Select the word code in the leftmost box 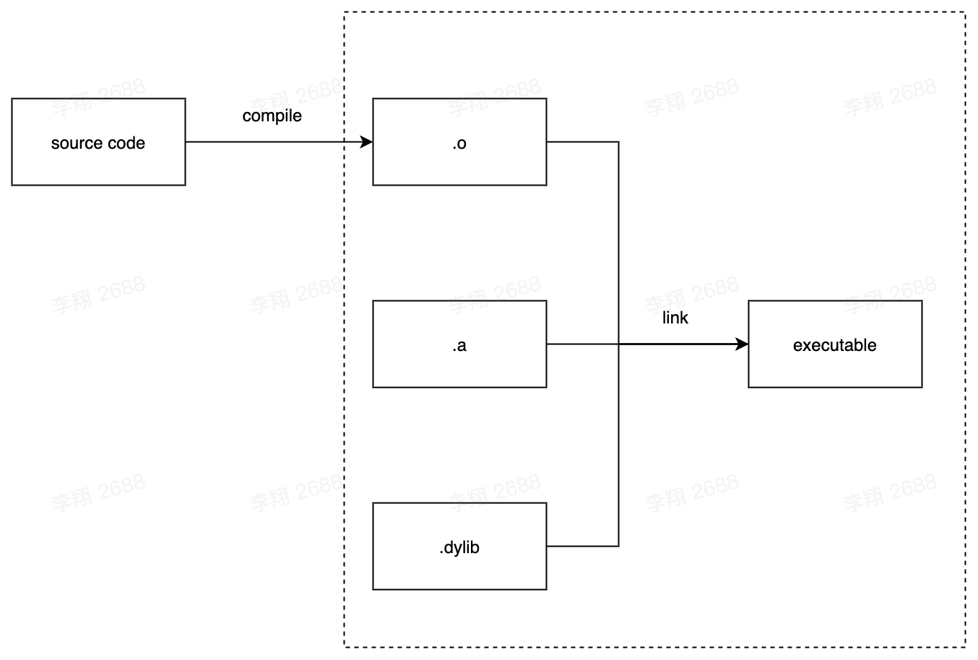tap(126, 143)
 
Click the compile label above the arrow tap(272, 116)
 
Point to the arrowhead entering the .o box tap(366, 142)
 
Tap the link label tap(675, 318)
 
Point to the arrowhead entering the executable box tap(742, 344)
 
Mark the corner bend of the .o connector tap(618, 142)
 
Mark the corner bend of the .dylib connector tap(618, 546)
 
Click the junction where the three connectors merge tap(618, 344)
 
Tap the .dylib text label tap(459, 547)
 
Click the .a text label tap(459, 345)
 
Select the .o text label tap(459, 143)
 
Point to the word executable tap(834, 345)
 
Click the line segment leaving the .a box tap(581, 344)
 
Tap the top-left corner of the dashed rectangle tap(345, 12)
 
